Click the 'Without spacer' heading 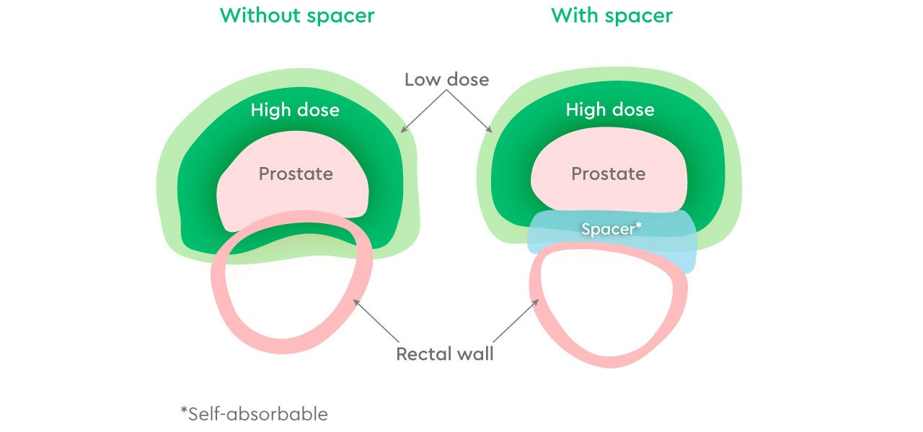[297, 17]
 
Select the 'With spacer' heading [612, 17]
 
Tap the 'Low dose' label [447, 79]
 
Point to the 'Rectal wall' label [445, 354]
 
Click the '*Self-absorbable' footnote [255, 414]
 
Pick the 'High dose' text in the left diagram [295, 110]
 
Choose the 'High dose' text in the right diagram [610, 109]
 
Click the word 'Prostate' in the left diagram [296, 174]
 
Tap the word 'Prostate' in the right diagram [609, 174]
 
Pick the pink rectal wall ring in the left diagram [218, 288]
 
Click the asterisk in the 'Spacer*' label [639, 225]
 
